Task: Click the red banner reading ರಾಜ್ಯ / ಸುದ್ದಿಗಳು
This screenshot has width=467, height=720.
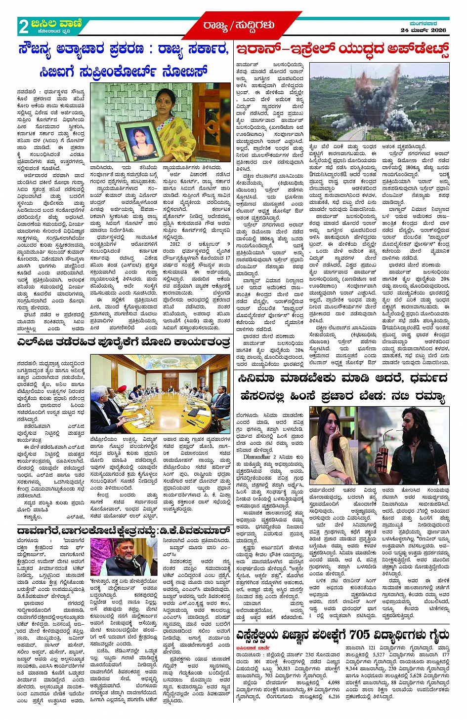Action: click(238, 25)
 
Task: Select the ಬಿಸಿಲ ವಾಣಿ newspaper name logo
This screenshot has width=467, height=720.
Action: click(56, 23)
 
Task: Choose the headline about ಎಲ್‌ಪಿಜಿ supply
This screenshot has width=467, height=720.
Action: click(124, 342)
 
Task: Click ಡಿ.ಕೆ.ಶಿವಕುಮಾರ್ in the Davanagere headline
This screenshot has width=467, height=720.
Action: click(194, 531)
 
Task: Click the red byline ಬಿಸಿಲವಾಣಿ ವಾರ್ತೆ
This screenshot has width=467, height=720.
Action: click(253, 647)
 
